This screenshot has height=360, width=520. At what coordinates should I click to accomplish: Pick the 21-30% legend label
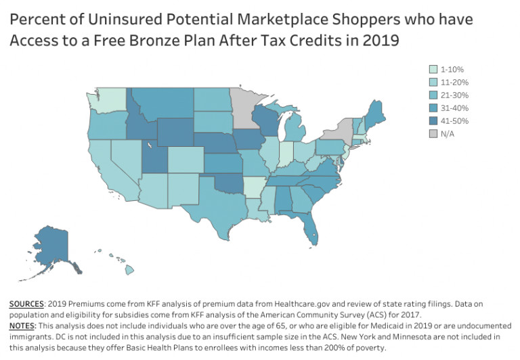pyautogui.click(x=455, y=95)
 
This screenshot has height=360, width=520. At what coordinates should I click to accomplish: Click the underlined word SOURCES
pyautogui.click(x=26, y=306)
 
